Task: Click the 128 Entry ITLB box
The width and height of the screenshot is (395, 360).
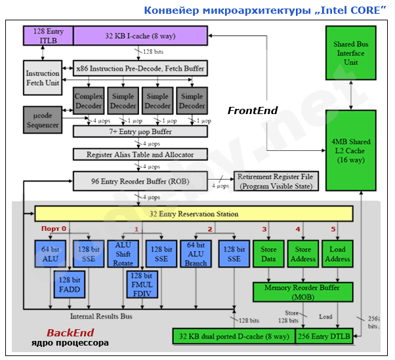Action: (48, 36)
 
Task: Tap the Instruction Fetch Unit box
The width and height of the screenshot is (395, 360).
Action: (41, 77)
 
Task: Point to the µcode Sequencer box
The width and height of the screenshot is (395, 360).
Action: (41, 117)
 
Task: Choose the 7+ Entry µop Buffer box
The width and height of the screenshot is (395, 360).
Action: (140, 131)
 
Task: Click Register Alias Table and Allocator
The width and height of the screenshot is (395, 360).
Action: (140, 155)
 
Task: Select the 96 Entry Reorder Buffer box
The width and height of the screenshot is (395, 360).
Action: (140, 181)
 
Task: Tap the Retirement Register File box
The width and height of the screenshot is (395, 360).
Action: (276, 181)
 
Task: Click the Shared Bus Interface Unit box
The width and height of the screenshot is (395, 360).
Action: (350, 53)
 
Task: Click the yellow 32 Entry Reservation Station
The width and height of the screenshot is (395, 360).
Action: (193, 214)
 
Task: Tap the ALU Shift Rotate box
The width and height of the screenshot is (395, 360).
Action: (123, 254)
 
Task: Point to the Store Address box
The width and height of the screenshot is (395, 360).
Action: (303, 254)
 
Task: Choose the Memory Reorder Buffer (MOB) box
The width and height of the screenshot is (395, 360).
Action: (303, 292)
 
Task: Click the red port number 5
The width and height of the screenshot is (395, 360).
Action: (333, 229)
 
